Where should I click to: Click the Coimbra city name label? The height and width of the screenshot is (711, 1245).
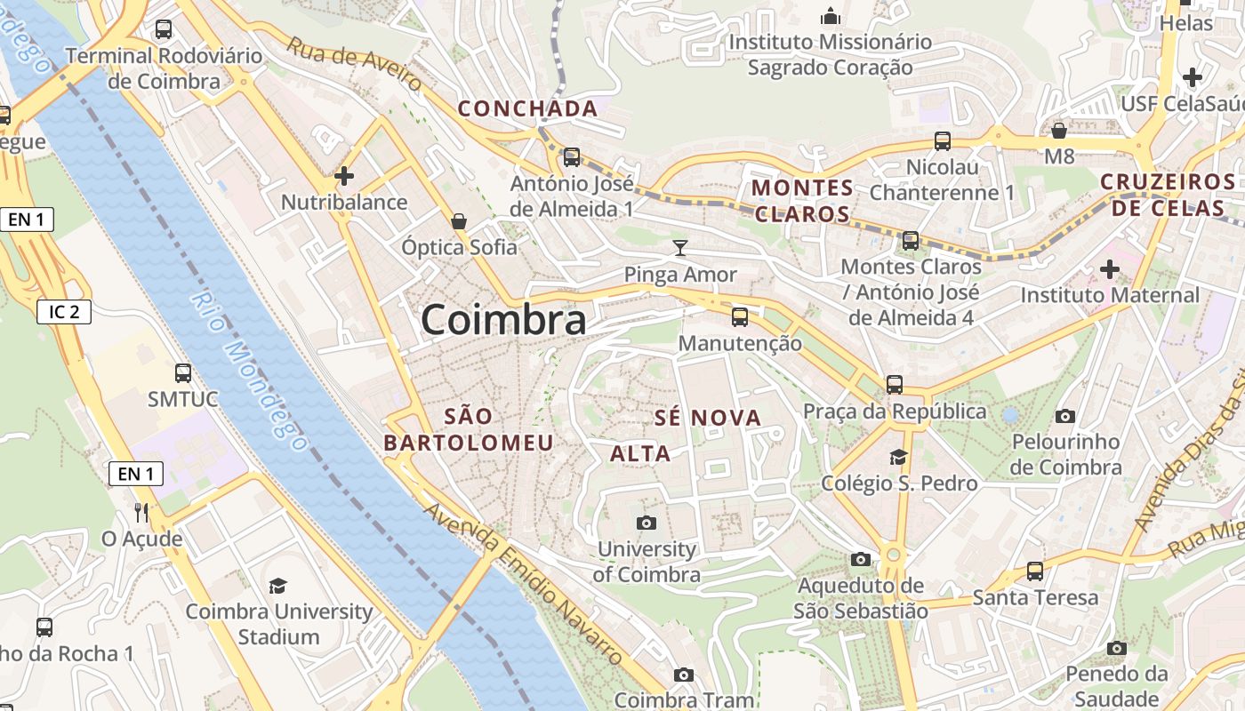pos(503,320)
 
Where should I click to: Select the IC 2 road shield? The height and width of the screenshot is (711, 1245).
pos(64,312)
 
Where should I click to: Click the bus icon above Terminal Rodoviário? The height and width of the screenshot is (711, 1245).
pos(164,29)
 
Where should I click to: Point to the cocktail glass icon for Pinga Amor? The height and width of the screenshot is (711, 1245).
pos(680,248)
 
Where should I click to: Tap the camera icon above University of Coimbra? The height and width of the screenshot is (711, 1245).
pos(647,523)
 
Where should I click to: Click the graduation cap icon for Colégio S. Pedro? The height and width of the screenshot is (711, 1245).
pos(898,458)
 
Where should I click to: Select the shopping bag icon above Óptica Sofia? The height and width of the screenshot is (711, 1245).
pos(459,220)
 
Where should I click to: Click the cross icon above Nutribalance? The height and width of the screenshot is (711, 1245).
pos(344,176)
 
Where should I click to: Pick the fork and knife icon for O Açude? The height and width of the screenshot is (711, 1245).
pos(141,513)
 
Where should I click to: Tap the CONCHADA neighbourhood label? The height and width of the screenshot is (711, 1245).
pos(527,109)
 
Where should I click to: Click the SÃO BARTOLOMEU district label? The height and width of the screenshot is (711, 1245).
pos(469,429)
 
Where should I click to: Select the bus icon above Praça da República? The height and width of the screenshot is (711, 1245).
pos(895,385)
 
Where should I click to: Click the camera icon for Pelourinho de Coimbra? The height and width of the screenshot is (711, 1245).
pos(1064,416)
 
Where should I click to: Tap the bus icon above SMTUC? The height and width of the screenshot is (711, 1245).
pos(183,373)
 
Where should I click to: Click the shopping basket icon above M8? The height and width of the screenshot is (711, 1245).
pos(1059,132)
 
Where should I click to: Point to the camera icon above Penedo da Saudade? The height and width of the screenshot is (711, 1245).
pos(1117,648)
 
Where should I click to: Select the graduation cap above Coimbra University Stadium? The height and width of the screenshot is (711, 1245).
pos(278,586)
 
